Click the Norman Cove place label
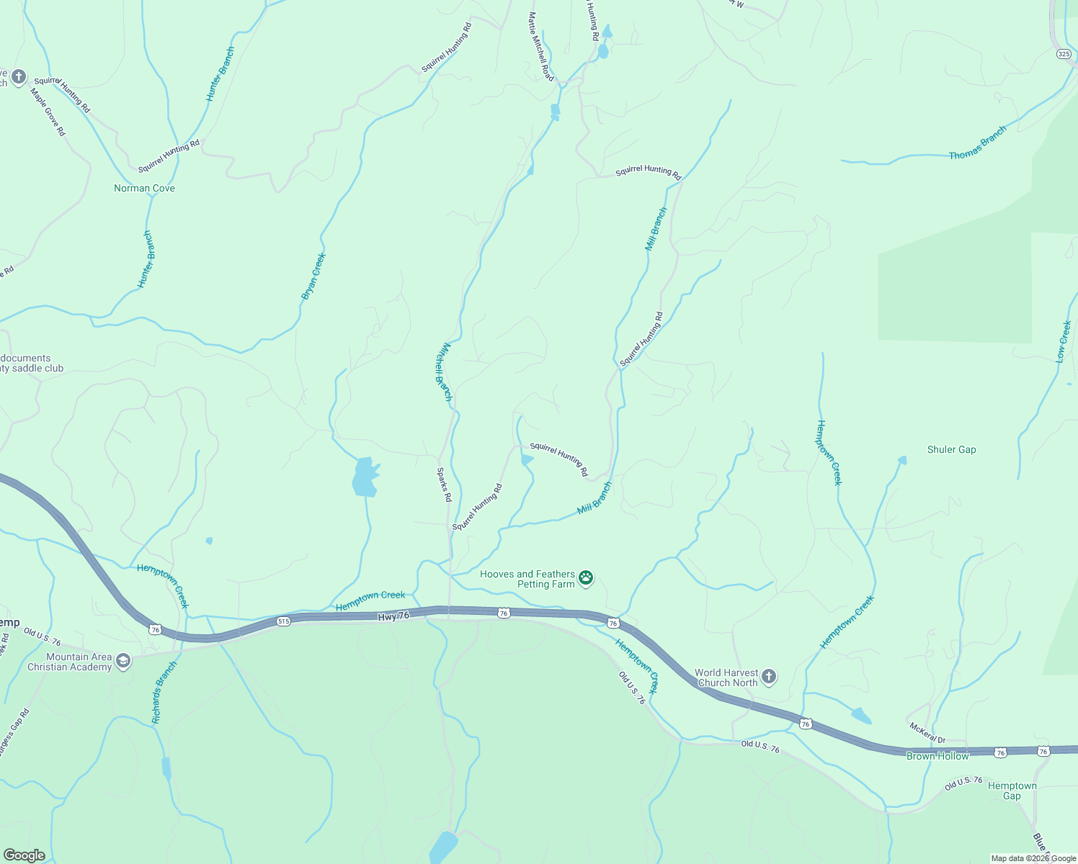coord(144,189)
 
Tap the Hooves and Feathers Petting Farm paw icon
coord(586,577)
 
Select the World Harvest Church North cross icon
coord(769,676)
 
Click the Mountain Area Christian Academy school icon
coord(123,661)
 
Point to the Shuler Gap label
coord(951,450)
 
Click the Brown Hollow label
coord(937,756)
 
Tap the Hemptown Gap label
coord(1012,791)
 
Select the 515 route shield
coord(283,621)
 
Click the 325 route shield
coord(1064,54)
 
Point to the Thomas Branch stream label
coord(977,144)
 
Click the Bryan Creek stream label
coord(313,276)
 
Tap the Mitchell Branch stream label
coord(443,371)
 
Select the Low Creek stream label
coord(1064,341)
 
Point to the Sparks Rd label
coord(444,485)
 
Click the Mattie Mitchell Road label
coord(540,46)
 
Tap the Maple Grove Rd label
coord(48,112)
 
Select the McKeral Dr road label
coord(927,733)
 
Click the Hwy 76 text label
coord(393,616)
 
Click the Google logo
coord(24,855)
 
